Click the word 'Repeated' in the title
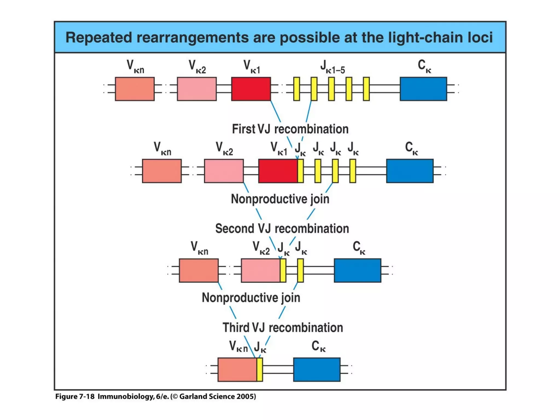pos(98,37)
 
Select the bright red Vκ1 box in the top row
pos(251,89)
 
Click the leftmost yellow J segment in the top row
pos(296,89)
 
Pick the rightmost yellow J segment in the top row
pos(366,89)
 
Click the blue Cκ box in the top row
pos(423,89)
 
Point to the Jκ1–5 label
pos(332,67)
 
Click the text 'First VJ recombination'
pos(290,129)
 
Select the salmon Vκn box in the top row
pos(135,89)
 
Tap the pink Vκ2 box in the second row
pos(224,171)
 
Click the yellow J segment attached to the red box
pos(300,171)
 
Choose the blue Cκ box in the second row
pos(410,171)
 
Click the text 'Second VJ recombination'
pos(282,229)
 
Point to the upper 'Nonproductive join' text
pos(280,199)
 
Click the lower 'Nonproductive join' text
pos(251,297)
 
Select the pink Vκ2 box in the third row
pos(260,270)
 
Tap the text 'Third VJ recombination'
pos(282,328)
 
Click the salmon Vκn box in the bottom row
pos(237,369)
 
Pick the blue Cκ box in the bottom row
pos(317,369)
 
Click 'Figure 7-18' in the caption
pos(75,396)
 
